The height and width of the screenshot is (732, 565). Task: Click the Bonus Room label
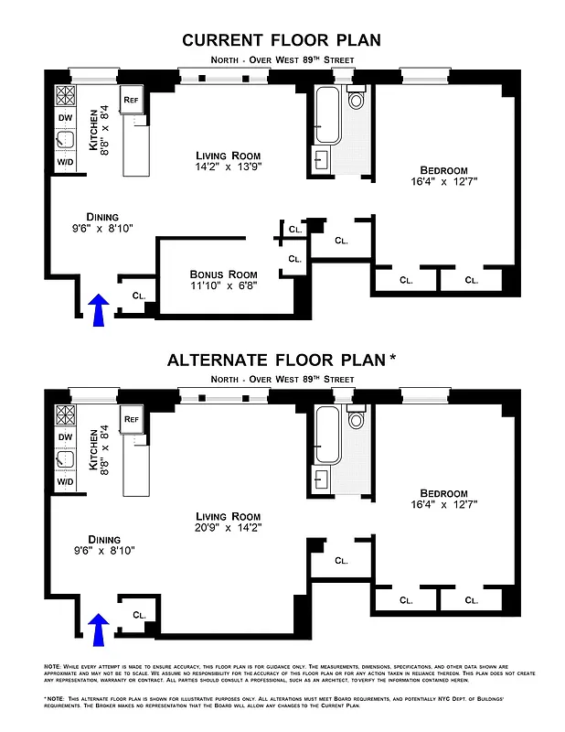[224, 274]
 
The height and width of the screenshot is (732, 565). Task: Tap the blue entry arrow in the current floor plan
[100, 308]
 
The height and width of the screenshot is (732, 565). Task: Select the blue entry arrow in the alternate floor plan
[100, 629]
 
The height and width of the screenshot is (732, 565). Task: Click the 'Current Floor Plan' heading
[282, 39]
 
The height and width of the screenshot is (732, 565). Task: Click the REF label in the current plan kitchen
[131, 99]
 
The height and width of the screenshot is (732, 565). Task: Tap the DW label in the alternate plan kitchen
[65, 437]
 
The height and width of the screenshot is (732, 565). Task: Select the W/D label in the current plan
[65, 162]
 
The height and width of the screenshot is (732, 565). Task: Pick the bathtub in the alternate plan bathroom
[327, 435]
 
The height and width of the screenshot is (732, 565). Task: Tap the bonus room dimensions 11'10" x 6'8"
[224, 285]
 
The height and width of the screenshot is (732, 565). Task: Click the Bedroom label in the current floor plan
[443, 170]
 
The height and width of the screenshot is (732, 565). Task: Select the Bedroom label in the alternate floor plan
[443, 492]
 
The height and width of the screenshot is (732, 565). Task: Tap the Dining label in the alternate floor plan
[103, 539]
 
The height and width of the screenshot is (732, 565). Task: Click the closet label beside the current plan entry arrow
[139, 296]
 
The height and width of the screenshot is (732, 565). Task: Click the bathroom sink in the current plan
[322, 160]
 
